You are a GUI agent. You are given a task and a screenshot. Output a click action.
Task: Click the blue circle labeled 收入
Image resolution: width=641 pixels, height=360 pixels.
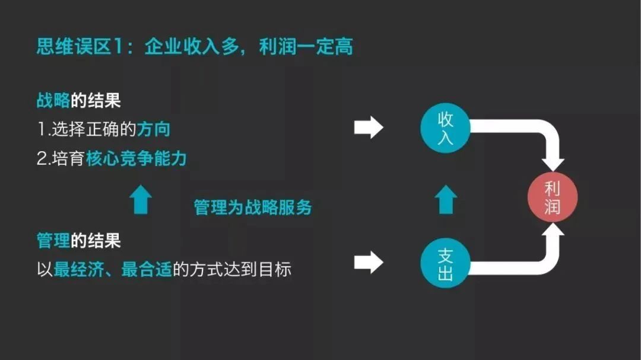pos(445,128)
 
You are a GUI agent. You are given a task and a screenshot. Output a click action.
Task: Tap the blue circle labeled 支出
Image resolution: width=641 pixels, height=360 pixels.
pos(445,263)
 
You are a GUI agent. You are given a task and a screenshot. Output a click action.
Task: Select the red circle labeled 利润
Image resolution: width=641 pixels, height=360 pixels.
pos(553,197)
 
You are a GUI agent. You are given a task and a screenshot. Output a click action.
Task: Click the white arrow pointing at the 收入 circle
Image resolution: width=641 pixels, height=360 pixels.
pos(369,128)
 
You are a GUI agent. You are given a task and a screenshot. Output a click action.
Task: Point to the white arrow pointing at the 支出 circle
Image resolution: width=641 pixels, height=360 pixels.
pos(369,262)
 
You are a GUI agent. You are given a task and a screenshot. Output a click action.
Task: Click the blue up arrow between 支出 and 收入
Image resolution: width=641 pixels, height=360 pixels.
pos(446,199)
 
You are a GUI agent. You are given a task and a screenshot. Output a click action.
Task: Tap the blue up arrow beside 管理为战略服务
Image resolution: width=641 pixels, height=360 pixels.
pos(141,199)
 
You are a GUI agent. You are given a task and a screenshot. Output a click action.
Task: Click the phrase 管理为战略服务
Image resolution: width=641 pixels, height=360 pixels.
pos(253,207)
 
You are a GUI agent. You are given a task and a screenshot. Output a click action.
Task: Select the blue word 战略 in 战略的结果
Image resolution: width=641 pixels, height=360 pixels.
pos(53,100)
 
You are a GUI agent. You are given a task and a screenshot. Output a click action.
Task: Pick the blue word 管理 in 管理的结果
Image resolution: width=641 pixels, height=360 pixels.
pos(53,240)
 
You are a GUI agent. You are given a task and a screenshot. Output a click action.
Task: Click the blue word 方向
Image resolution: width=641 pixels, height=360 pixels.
pos(153,129)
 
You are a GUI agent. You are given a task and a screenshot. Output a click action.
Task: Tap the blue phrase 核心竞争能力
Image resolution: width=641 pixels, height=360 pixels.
pos(136,158)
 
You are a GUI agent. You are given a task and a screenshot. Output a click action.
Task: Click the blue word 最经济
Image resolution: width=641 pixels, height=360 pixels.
pos(78,270)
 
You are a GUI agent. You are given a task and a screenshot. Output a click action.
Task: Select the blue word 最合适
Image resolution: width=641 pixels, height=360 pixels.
pos(147,270)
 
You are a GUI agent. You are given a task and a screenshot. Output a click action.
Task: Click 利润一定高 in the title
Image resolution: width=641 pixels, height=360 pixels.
pos(306,46)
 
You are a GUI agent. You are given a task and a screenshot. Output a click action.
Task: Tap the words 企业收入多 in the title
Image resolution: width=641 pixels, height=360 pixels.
pos(191,46)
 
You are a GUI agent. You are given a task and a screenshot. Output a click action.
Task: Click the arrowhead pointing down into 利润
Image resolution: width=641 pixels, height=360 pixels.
pos(553,164)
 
